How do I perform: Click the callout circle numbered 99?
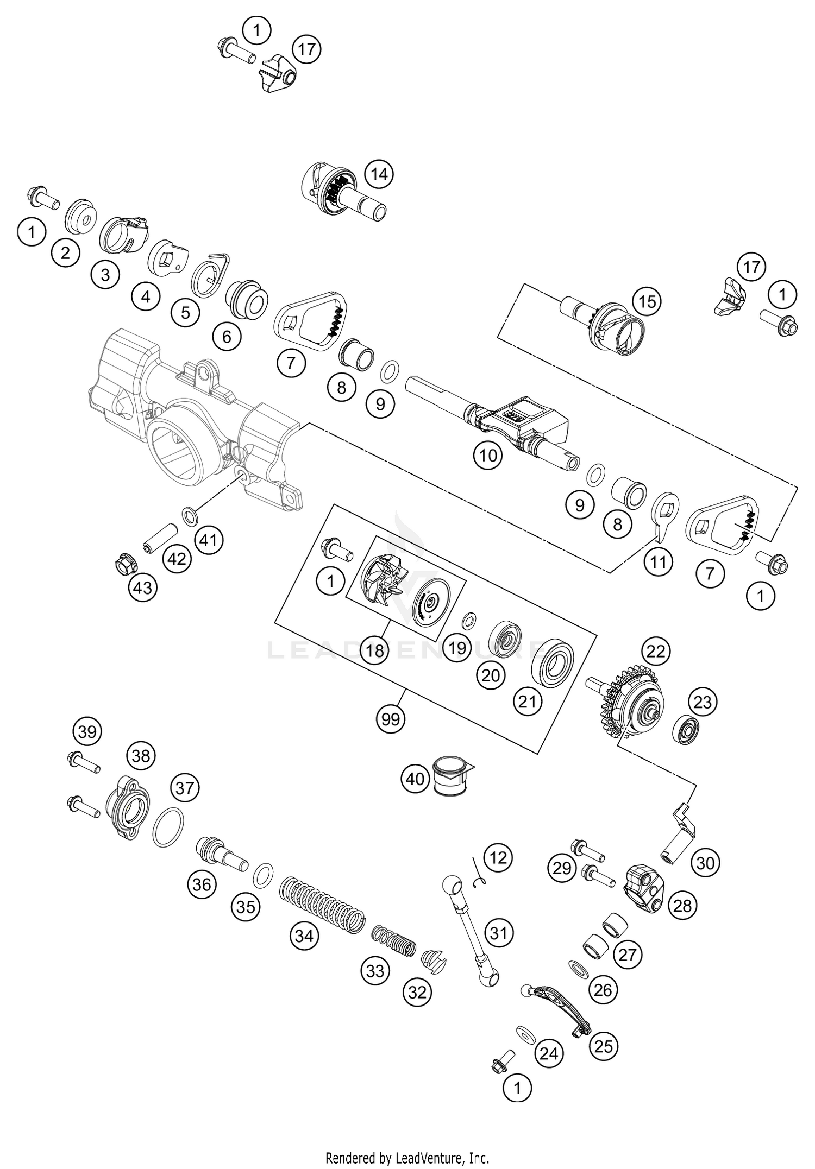[391, 719]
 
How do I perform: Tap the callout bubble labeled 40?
[416, 779]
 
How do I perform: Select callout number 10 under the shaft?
[488, 455]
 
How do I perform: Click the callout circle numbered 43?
[143, 587]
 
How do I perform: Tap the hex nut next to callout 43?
[126, 567]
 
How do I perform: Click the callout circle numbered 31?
[499, 933]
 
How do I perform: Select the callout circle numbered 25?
[604, 1046]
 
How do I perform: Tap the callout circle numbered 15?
[647, 301]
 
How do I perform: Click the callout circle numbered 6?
[227, 337]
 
